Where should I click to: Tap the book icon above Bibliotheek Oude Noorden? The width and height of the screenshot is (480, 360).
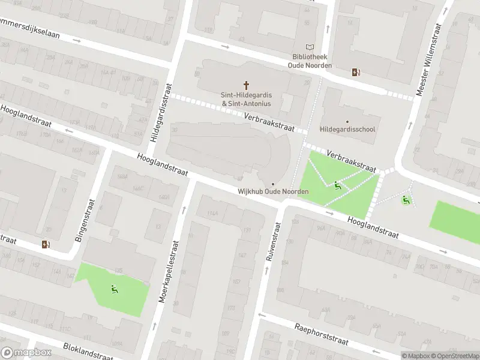pyautogui.click(x=310, y=47)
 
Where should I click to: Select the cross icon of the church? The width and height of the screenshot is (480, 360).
pyautogui.click(x=246, y=86)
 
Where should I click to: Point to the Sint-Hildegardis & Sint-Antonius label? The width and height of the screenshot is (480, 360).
pyautogui.click(x=246, y=100)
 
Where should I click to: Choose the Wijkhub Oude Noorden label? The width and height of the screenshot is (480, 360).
pyautogui.click(x=273, y=191)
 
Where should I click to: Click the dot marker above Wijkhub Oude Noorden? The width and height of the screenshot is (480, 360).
pyautogui.click(x=273, y=184)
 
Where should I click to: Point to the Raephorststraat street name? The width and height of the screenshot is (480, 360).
pyautogui.click(x=322, y=335)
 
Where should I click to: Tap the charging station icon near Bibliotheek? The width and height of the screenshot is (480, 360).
pyautogui.click(x=356, y=73)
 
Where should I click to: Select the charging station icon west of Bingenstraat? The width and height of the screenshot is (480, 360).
pyautogui.click(x=46, y=244)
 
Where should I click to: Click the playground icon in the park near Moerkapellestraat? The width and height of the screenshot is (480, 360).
pyautogui.click(x=114, y=290)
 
